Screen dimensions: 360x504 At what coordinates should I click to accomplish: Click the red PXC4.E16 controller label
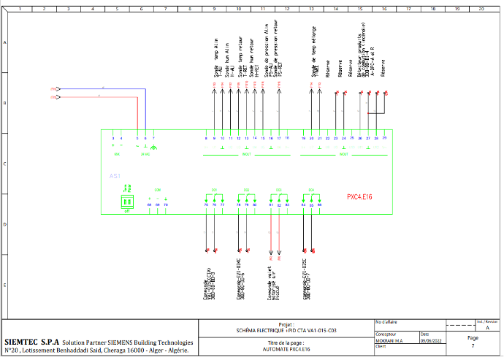[x=359, y=196]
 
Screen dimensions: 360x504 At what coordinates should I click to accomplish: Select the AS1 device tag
[x=115, y=177]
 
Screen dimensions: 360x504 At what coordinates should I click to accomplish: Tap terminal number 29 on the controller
[x=384, y=138]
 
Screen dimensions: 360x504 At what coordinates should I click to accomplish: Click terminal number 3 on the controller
[x=113, y=138]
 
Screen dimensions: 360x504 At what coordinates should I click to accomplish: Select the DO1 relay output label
[x=215, y=190]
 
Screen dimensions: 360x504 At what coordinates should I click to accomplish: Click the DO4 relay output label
[x=311, y=190]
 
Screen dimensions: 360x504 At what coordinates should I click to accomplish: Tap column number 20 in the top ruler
[x=481, y=10]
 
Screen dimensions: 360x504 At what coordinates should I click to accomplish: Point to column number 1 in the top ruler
[x=20, y=10]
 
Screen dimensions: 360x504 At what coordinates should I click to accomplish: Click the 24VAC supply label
[x=145, y=155]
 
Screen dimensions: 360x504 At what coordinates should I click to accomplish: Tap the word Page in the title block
[x=473, y=337]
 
